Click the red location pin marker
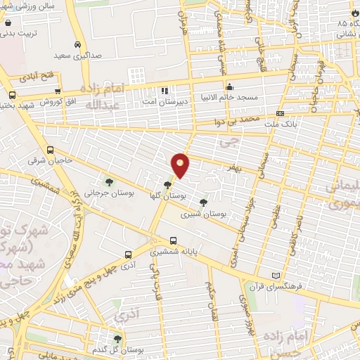181,165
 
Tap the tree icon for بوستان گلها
167,186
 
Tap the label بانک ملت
297,124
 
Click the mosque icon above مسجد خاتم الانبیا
229,87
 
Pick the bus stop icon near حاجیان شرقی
50,149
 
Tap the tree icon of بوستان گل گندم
117,339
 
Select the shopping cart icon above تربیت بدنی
7,21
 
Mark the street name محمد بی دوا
240,121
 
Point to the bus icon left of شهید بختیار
12,96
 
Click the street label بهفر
232,168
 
